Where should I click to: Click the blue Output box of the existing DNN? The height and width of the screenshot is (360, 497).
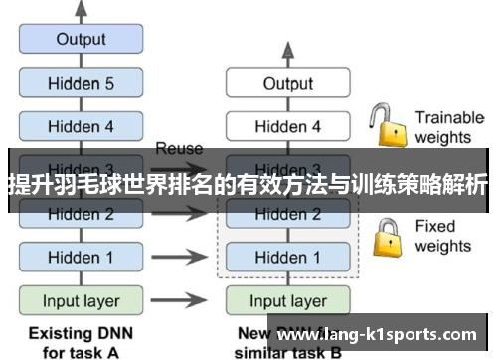point(81,40)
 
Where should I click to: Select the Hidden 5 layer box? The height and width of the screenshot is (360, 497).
point(81,84)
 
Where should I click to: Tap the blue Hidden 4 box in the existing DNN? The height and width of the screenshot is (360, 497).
point(81,126)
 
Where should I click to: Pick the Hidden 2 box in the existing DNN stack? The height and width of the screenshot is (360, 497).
point(81,213)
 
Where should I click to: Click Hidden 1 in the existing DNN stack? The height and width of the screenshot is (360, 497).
point(81,257)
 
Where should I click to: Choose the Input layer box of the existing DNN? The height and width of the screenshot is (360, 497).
point(81,300)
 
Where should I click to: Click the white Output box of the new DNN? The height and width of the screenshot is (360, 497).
point(287,84)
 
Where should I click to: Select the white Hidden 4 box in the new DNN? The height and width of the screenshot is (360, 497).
point(287,126)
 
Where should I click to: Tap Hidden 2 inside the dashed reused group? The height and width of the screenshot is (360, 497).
point(287,213)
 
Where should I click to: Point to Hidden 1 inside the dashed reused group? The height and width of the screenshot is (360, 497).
point(287,257)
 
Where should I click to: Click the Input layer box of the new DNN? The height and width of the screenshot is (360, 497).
point(287,300)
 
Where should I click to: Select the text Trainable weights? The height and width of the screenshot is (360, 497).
point(448,127)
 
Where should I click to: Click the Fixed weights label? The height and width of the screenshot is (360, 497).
point(442,236)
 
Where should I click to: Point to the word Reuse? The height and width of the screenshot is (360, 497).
point(179,149)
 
